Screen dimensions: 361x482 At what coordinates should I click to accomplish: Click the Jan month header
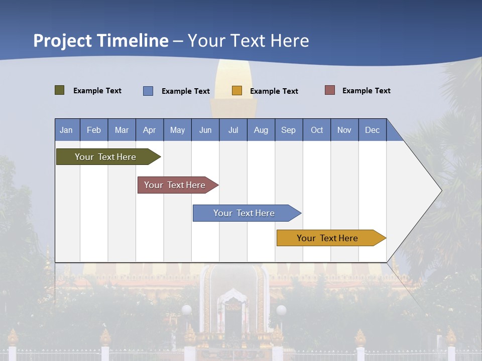click(67, 130)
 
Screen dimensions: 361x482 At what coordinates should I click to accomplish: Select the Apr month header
click(150, 130)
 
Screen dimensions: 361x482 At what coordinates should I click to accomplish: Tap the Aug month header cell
click(261, 130)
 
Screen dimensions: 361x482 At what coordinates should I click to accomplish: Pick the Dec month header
click(373, 130)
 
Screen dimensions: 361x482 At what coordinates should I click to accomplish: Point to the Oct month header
click(317, 130)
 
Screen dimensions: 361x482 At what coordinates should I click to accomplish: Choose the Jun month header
click(205, 130)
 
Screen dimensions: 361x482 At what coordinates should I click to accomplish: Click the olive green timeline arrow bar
click(106, 157)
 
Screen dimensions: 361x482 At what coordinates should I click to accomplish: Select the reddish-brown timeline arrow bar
click(175, 185)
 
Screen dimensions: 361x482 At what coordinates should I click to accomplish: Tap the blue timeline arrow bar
click(245, 213)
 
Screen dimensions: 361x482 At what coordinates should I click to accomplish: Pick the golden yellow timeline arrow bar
click(328, 238)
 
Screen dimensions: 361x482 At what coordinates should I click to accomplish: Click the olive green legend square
click(60, 90)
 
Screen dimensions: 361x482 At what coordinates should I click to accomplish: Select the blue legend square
click(148, 91)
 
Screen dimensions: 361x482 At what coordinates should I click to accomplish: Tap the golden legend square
click(237, 91)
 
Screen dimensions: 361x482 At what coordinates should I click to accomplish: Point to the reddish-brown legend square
click(330, 90)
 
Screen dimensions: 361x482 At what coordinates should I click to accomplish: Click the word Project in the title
click(63, 41)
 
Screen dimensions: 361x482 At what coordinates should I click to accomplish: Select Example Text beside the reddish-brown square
click(366, 91)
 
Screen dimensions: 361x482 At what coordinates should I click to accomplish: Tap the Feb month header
click(94, 130)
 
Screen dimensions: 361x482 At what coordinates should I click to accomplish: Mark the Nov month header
click(344, 130)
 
